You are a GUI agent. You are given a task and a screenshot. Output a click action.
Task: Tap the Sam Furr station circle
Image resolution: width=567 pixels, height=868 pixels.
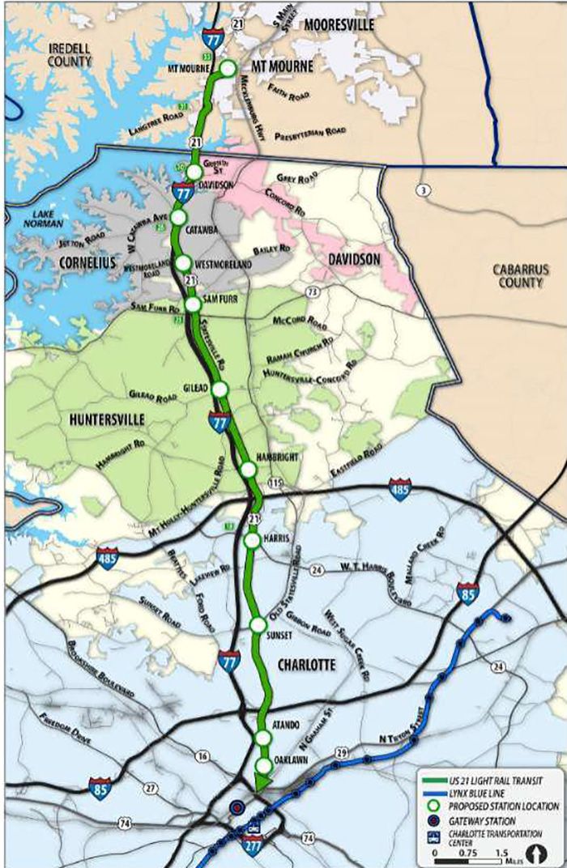[193, 304]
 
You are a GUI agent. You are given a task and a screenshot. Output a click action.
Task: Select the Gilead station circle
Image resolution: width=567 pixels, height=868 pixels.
[220, 389]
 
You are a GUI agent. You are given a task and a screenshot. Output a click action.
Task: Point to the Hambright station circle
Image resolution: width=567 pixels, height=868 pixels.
[248, 469]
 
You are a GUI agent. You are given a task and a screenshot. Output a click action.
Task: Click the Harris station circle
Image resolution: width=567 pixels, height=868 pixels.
[252, 539]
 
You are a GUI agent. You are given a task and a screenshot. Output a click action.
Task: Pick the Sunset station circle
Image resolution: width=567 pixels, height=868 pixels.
[258, 624]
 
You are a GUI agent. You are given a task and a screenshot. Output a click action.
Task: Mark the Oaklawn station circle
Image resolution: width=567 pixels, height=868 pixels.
[263, 765]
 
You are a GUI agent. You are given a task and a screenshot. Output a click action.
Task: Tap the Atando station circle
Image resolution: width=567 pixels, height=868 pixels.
[262, 737]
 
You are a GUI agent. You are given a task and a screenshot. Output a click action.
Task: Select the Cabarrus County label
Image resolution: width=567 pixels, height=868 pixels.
[521, 275]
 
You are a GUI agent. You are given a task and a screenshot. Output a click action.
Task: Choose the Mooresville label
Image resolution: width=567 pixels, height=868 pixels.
[339, 25]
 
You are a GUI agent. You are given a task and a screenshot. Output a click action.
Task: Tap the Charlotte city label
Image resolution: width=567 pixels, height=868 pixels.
[306, 665]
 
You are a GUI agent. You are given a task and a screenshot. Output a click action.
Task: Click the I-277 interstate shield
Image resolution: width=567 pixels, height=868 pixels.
[253, 846]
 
